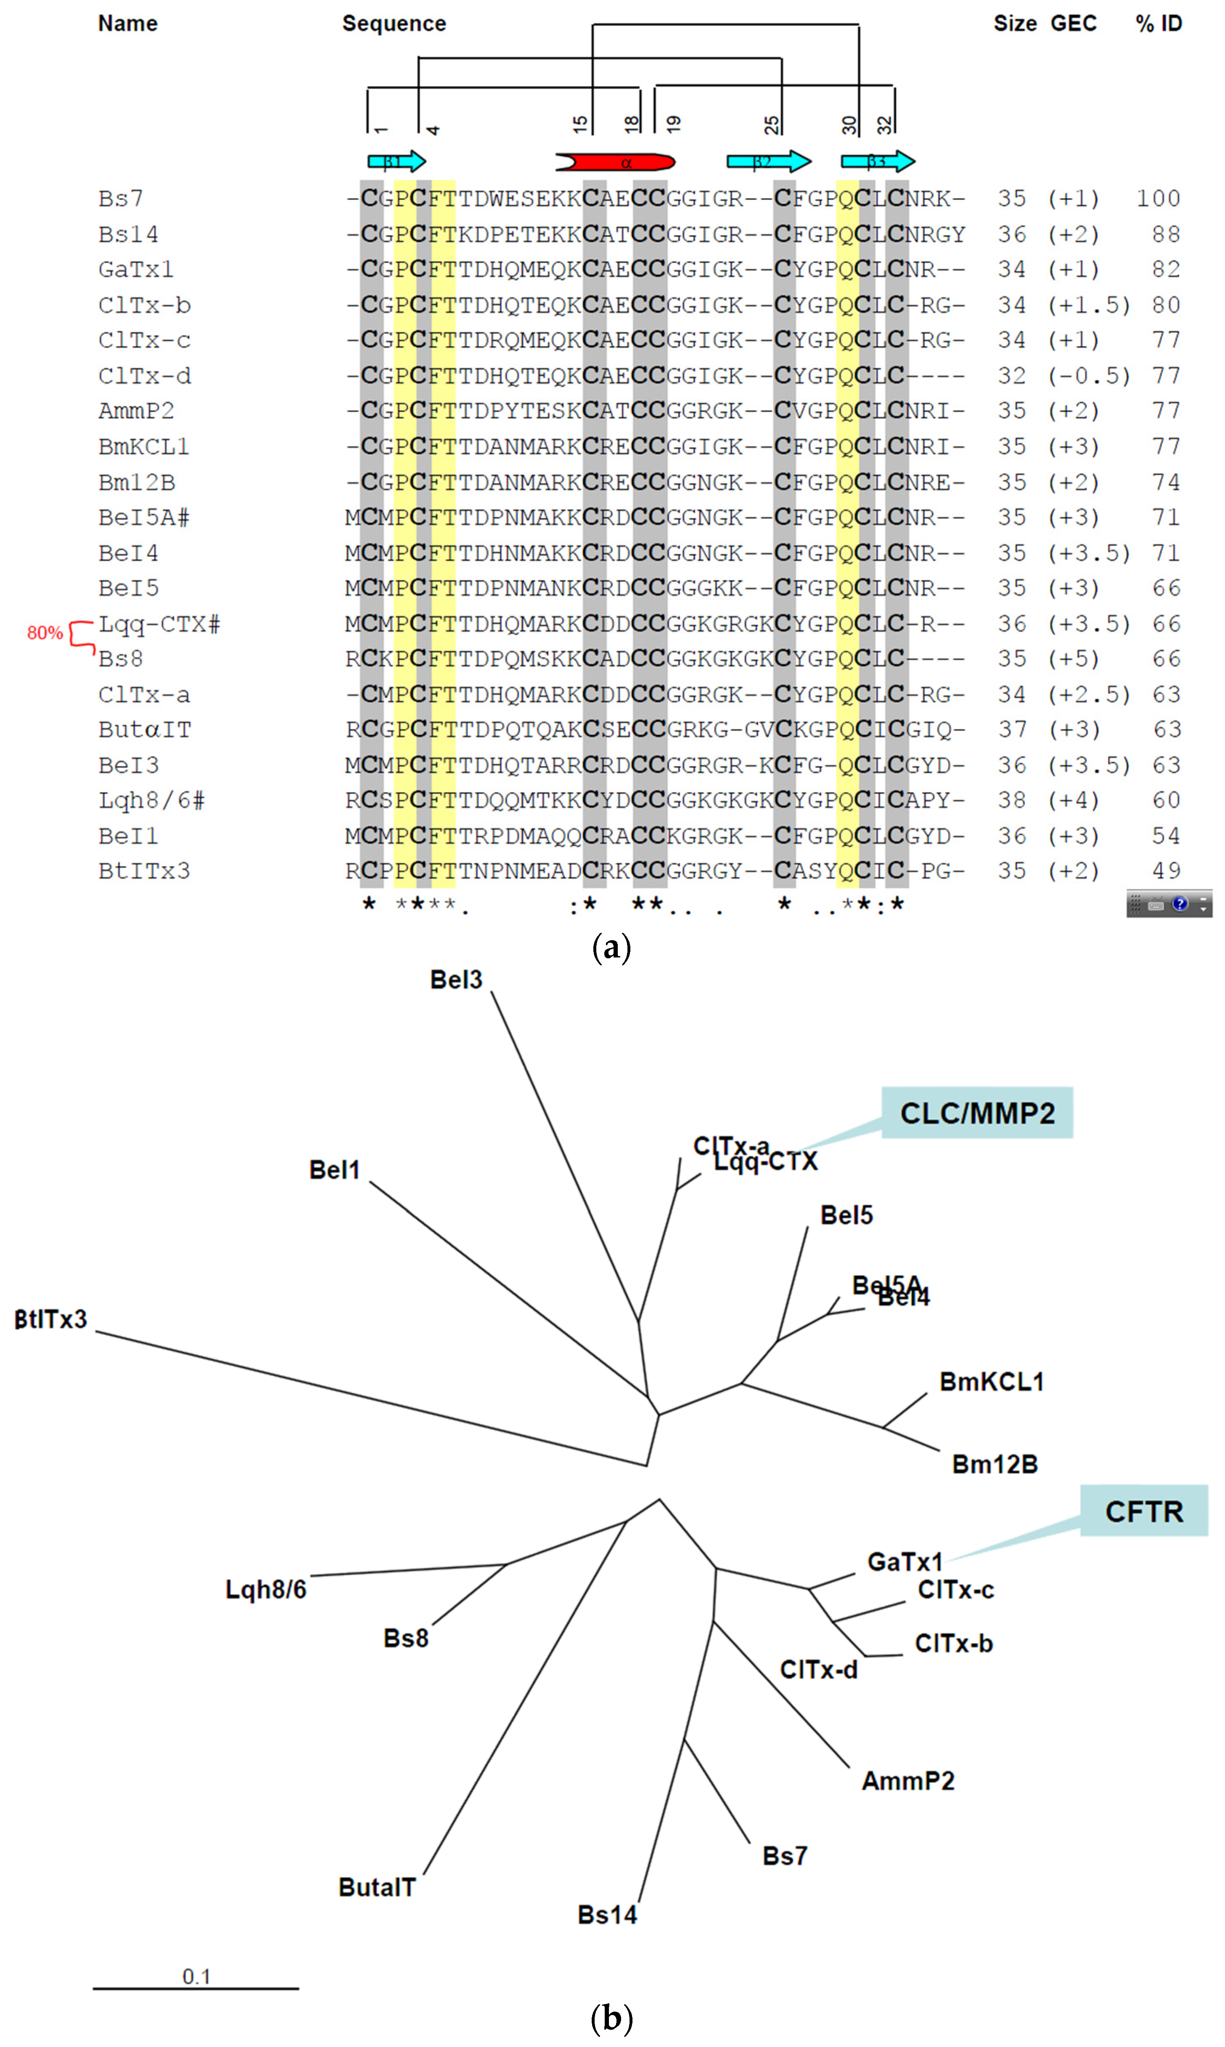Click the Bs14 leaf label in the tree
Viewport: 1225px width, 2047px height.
[608, 1914]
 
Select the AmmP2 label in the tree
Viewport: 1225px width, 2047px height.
[908, 1780]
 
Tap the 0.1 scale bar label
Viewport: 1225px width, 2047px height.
[196, 1976]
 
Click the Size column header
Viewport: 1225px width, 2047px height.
[1014, 23]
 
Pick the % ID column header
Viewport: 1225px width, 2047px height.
[1159, 23]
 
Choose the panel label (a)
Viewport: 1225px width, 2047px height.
[612, 947]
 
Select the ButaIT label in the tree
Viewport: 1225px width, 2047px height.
[377, 1887]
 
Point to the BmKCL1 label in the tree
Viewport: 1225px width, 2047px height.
[991, 1381]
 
